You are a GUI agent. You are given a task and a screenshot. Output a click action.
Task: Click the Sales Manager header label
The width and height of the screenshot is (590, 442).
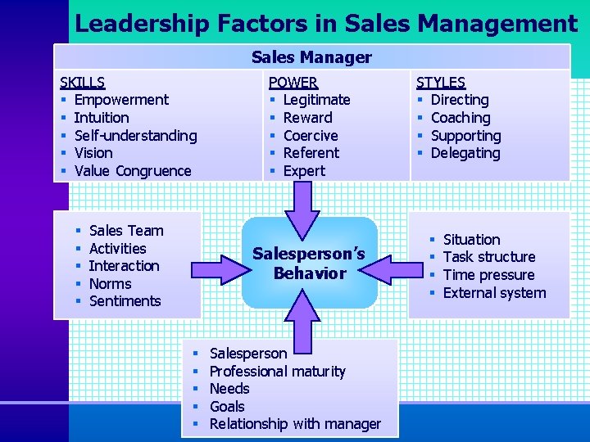(311, 57)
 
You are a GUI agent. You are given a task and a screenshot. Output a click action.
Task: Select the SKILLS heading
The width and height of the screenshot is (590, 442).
(82, 82)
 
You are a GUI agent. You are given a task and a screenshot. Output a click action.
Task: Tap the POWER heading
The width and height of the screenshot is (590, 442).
(293, 82)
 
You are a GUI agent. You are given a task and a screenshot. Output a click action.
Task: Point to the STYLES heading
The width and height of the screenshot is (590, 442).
(441, 82)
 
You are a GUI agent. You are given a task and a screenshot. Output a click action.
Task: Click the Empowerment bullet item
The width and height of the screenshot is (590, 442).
(121, 100)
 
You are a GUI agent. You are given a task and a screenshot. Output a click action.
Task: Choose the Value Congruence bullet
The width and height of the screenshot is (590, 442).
(133, 171)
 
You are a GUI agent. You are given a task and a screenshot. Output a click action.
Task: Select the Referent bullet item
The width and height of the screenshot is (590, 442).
(311, 153)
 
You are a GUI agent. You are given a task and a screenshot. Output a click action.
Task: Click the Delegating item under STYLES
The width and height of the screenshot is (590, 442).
(465, 153)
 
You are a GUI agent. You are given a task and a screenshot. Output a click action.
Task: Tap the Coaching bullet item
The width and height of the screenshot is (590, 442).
(461, 118)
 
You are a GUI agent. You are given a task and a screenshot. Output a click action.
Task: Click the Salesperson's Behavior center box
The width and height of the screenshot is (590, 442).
(309, 263)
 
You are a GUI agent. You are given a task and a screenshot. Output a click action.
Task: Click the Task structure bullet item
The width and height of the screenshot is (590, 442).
(489, 257)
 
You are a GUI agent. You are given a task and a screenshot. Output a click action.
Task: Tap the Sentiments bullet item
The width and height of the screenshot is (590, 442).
(125, 301)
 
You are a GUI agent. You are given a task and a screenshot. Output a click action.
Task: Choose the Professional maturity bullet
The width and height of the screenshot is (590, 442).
(278, 372)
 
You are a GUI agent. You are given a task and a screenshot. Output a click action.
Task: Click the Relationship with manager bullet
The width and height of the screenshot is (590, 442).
(295, 424)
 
